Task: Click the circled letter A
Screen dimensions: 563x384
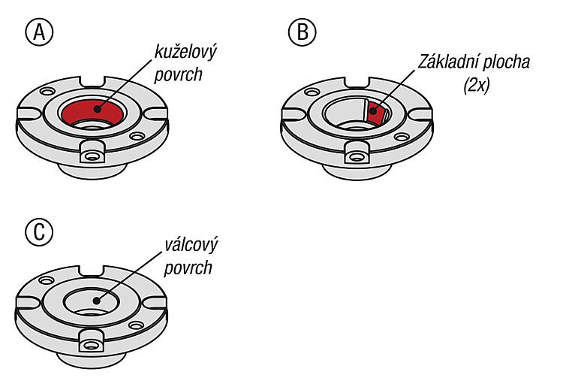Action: point(39,32)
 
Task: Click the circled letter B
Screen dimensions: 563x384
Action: point(303,32)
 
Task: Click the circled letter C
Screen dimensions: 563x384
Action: point(39,232)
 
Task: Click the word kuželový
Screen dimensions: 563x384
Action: point(185,52)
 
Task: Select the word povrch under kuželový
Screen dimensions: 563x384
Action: point(178,75)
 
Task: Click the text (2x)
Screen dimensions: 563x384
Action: point(477,86)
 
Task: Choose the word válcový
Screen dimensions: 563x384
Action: point(191,245)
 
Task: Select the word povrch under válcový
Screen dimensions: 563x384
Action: point(188,268)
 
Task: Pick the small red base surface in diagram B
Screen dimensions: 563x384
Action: point(375,113)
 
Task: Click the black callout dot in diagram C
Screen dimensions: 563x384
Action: point(96,301)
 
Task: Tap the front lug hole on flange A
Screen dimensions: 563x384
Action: point(92,157)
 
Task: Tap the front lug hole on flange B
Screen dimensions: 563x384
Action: point(356,157)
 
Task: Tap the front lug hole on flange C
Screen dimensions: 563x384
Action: point(91,346)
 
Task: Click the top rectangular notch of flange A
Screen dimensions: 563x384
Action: point(92,81)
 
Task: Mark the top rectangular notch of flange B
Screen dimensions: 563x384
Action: point(356,82)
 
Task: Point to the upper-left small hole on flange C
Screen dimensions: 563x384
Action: point(47,280)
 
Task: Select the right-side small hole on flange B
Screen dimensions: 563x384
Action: point(402,137)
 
